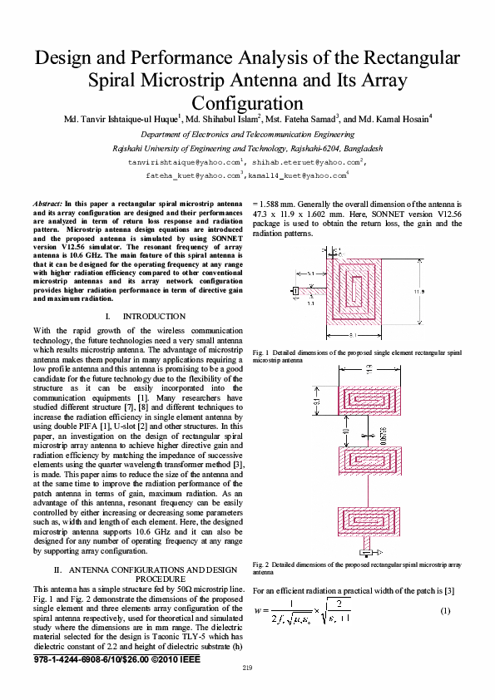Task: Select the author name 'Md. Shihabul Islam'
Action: (x=224, y=120)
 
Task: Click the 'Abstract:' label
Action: (x=47, y=203)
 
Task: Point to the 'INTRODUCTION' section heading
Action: (x=153, y=317)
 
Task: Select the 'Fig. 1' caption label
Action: (x=259, y=353)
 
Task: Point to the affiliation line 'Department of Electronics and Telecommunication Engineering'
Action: (x=247, y=134)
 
